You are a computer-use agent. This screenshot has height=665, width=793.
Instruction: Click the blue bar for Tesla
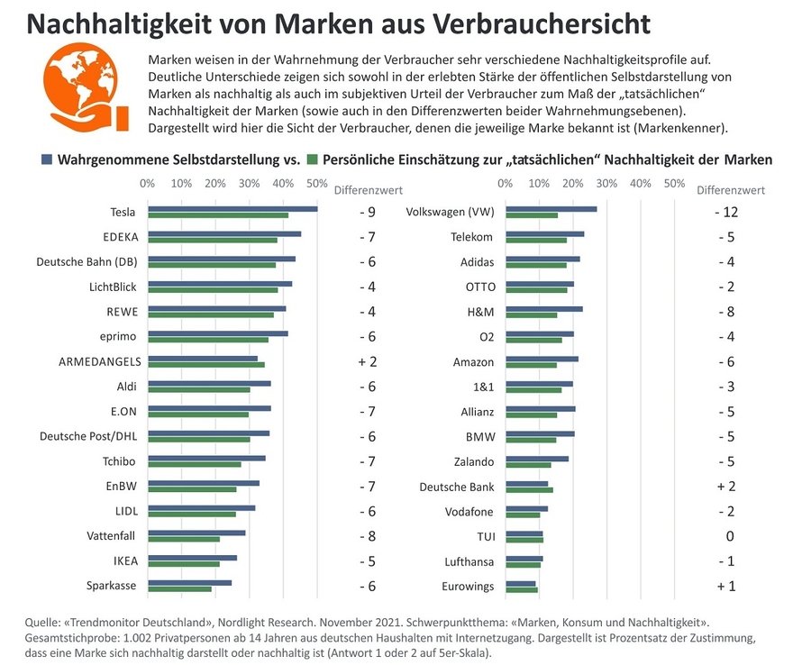(232, 209)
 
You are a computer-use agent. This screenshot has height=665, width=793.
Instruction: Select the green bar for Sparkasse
(180, 588)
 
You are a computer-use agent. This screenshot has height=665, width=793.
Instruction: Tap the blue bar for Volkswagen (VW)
(551, 209)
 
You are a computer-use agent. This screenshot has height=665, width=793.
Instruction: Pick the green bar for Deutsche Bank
(529, 490)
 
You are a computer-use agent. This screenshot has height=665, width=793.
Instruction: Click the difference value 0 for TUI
(731, 536)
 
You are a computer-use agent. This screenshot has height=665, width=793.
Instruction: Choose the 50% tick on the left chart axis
(316, 184)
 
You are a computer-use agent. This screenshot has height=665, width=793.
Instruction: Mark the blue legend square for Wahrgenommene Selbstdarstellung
(46, 159)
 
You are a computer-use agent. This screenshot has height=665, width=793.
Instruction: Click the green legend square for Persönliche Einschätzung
(313, 159)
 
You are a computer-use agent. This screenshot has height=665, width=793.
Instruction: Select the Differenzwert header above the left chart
(368, 190)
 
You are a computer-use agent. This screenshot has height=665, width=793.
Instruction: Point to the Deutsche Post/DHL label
(87, 436)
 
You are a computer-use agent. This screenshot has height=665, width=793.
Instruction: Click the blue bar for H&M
(543, 308)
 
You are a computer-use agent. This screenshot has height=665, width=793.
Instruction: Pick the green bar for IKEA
(184, 564)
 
